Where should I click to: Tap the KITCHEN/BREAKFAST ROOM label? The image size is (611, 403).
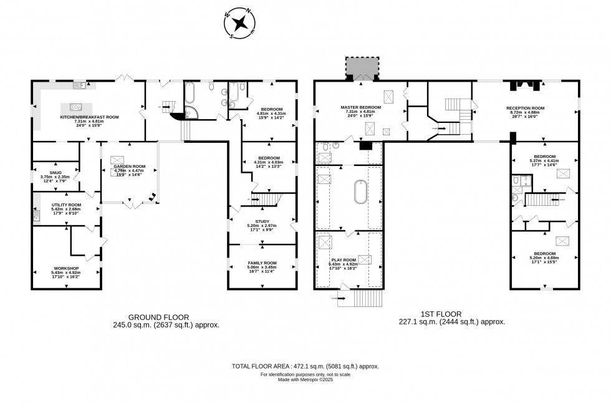89,117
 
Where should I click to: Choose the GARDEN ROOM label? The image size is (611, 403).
130,165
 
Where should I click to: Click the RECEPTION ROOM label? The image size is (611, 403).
525,108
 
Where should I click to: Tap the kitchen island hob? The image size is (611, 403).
77,107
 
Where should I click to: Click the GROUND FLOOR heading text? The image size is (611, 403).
158,316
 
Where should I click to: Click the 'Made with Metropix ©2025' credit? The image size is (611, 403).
305,380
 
